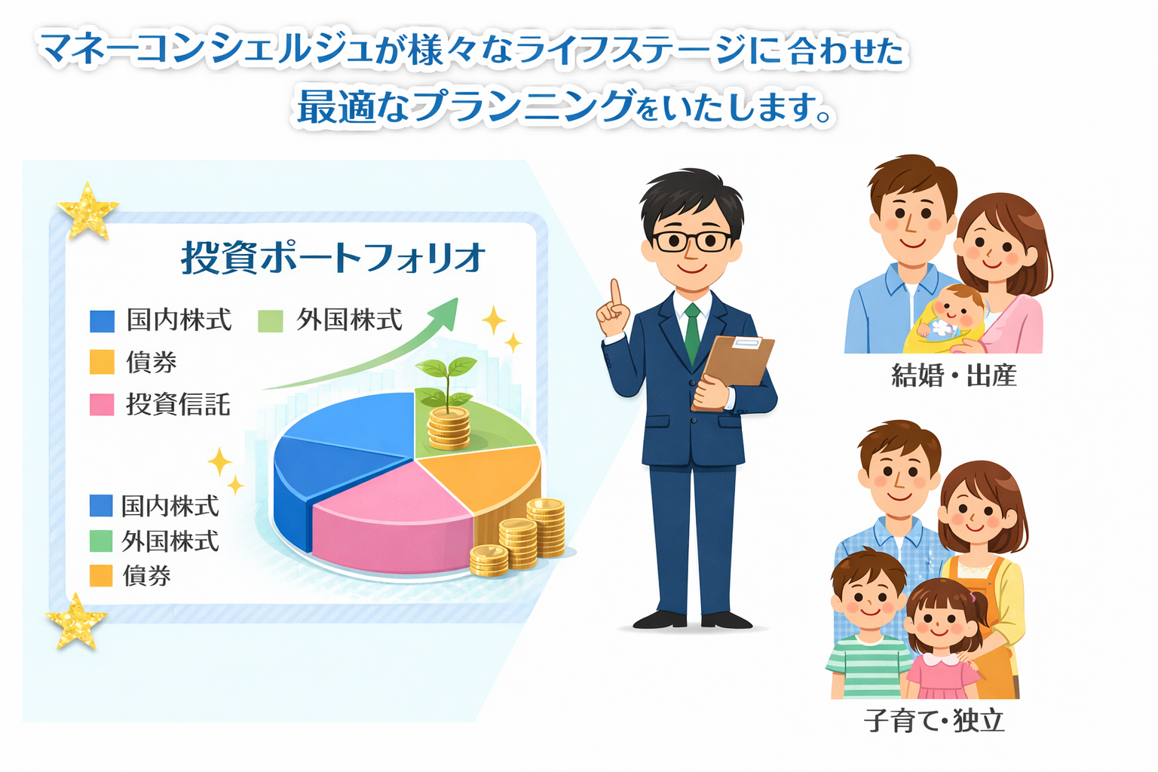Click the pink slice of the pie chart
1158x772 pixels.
click(x=393, y=517)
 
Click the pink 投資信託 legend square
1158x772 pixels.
click(x=102, y=405)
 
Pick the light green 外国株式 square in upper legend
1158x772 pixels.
click(x=271, y=320)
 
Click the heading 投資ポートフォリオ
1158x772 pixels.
click(x=333, y=257)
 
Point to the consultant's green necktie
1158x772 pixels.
click(x=692, y=333)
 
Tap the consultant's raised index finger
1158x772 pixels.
click(x=615, y=293)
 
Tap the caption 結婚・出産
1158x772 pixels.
click(x=954, y=375)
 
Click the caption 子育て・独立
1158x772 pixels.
click(x=934, y=720)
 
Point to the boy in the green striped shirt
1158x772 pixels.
click(x=868, y=626)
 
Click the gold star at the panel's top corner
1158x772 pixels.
click(x=87, y=211)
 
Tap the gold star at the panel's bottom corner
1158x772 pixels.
click(x=76, y=621)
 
